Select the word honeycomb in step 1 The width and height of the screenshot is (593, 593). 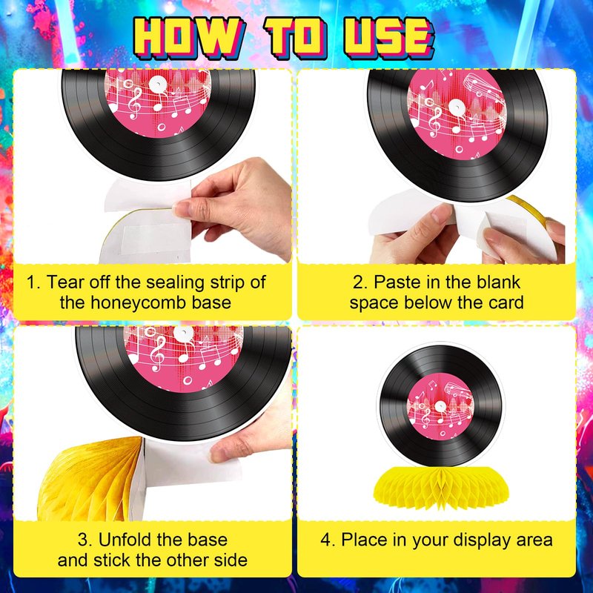145,303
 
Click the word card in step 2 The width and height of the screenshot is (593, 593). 506,303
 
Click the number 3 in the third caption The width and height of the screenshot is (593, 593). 83,540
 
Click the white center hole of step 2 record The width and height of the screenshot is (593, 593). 456,107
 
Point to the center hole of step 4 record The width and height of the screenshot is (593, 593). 440,406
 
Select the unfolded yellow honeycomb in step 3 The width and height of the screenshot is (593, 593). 90,478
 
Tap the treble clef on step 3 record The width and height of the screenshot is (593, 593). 157,354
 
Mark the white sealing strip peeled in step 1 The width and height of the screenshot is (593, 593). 148,195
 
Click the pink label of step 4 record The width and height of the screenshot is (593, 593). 440,407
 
